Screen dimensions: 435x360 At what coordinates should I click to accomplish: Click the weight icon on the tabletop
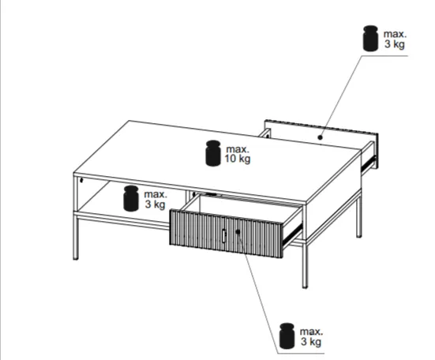213,153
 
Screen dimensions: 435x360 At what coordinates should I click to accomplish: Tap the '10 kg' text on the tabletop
238,159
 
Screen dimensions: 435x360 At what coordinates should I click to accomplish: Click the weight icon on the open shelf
131,198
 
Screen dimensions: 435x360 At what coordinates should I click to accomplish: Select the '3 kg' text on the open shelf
155,204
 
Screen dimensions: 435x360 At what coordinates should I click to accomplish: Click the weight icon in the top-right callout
370,38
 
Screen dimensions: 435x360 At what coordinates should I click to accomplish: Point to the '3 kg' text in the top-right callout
395,44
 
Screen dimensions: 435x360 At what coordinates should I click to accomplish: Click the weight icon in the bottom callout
287,336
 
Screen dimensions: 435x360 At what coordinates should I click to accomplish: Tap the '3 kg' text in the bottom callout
311,341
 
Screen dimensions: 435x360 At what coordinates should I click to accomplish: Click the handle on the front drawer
224,236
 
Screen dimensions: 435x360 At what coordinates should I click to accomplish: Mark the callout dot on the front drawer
238,231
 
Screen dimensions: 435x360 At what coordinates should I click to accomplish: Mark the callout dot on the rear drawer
320,137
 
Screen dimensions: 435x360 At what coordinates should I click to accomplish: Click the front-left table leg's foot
76,258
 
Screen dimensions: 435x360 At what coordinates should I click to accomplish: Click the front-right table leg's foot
305,287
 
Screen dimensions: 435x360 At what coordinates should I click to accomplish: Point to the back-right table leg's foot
358,235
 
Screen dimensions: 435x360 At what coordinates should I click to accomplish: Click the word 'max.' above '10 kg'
238,149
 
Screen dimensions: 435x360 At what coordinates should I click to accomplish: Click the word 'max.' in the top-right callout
395,34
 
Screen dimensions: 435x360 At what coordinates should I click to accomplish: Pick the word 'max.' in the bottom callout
311,332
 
